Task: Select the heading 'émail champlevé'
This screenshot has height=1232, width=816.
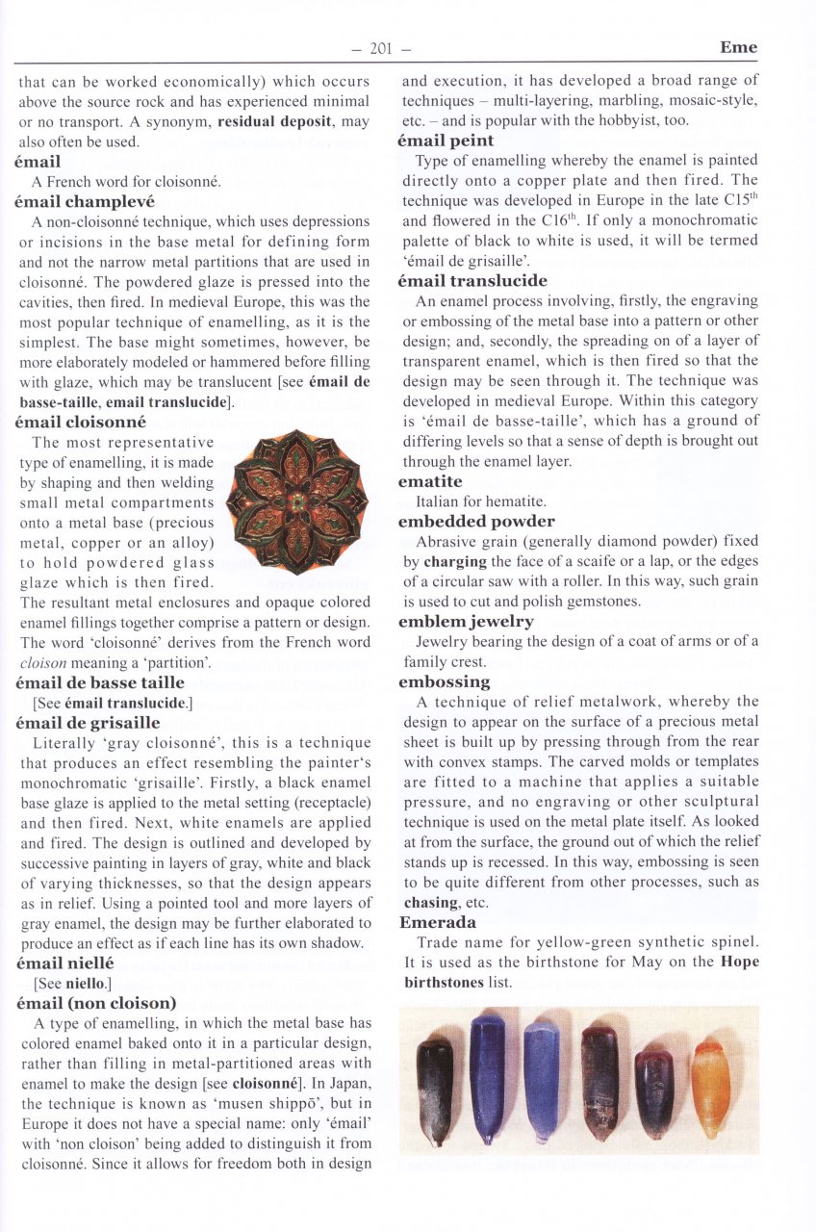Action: tap(85, 201)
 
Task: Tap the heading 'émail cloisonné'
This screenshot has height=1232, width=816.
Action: tap(81, 422)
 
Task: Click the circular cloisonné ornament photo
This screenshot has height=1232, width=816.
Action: tap(296, 501)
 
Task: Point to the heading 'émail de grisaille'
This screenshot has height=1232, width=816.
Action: tap(88, 723)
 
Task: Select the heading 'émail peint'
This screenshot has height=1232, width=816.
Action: tap(446, 141)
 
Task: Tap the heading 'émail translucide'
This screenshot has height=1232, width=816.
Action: tap(472, 281)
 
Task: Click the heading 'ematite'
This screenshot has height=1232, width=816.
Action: tap(430, 481)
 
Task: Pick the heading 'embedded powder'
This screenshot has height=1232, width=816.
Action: tap(476, 522)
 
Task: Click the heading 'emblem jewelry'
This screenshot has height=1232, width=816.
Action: tap(466, 622)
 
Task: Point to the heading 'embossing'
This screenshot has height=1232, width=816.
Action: tap(444, 681)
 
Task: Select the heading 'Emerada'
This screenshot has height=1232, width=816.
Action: tap(438, 922)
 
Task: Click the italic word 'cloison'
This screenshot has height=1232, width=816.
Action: tap(41, 663)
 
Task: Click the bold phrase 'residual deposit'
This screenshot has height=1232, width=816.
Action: tap(279, 121)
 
